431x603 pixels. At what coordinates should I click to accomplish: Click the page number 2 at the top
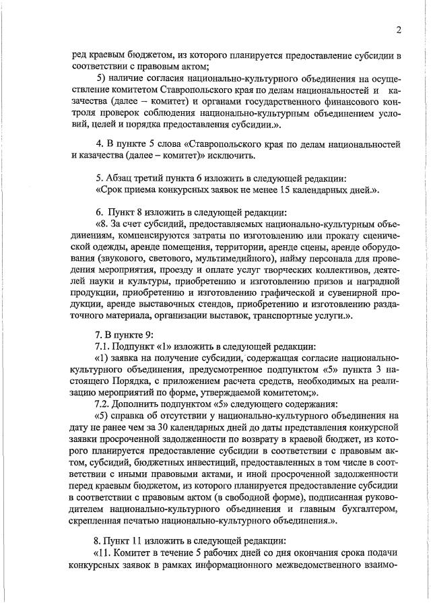399,30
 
